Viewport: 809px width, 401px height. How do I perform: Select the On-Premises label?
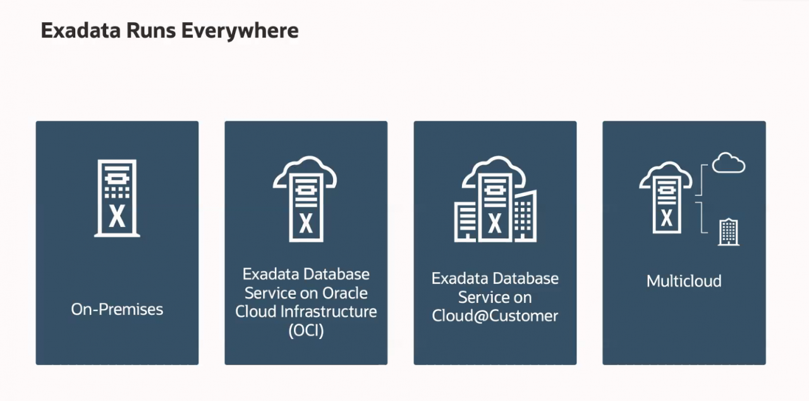(117, 309)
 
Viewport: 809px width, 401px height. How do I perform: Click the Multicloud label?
(684, 281)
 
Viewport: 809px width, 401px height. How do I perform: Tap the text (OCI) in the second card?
(306, 330)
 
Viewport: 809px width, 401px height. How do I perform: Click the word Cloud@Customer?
(495, 316)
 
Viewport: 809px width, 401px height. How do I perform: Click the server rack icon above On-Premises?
(117, 198)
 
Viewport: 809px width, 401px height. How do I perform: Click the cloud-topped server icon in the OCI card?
(306, 199)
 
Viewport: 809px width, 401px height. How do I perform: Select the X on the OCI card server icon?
(306, 223)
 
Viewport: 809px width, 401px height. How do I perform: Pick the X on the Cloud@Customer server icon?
(495, 223)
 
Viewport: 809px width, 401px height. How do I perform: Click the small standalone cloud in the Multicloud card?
(728, 163)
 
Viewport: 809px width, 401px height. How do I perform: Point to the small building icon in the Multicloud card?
(729, 232)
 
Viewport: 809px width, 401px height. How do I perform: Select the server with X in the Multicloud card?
(666, 201)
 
